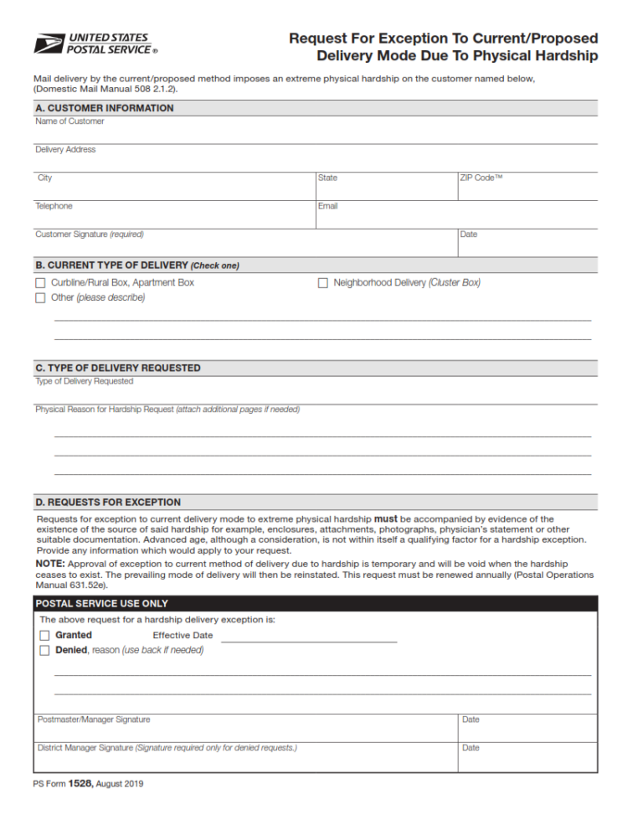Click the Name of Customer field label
point(69,121)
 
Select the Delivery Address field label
point(65,150)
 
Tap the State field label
point(327,178)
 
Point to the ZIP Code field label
point(481,178)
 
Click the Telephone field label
point(54,206)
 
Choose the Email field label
point(327,206)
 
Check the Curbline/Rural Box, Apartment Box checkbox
point(40,283)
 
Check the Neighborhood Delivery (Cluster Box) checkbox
point(322,283)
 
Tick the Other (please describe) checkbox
point(40,298)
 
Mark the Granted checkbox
point(44,636)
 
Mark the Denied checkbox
point(44,651)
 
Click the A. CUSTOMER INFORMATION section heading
point(105,108)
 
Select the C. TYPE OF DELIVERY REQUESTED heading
point(117,368)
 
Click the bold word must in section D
point(385,519)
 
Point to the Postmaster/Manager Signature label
point(94,720)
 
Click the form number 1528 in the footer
point(80,784)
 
